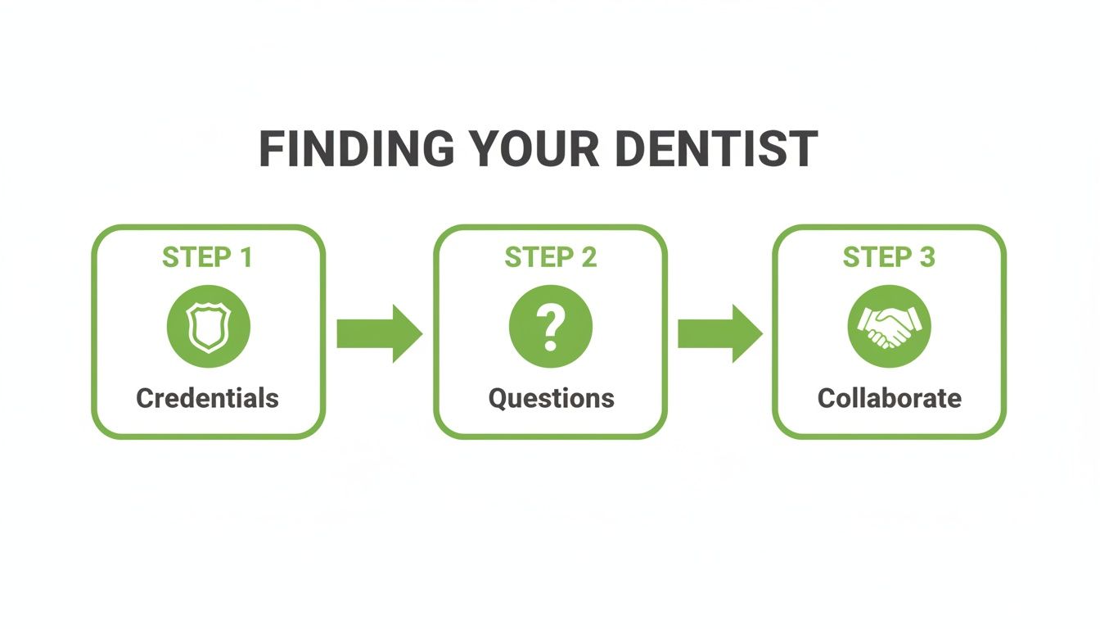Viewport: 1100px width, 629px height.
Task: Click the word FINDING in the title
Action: [355, 149]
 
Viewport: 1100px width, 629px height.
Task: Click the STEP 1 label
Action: [207, 257]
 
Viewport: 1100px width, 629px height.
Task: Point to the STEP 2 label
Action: [550, 257]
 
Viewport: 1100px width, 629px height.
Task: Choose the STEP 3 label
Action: [889, 257]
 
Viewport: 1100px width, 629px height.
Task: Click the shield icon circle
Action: [208, 327]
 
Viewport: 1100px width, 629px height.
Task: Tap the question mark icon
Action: [550, 327]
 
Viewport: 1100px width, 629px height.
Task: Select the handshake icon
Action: [889, 327]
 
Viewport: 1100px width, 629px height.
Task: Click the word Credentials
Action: [207, 399]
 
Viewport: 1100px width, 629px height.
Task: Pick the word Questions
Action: [551, 399]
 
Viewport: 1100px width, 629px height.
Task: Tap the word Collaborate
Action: [889, 399]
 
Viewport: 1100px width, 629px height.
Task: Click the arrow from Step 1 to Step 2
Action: [379, 333]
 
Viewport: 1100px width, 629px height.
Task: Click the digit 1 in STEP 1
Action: [245, 257]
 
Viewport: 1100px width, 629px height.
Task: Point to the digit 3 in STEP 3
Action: [926, 257]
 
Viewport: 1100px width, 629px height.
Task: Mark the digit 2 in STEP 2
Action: [588, 257]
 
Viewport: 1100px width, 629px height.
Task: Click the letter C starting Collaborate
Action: [827, 399]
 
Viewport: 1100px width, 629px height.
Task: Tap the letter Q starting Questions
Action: [498, 399]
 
